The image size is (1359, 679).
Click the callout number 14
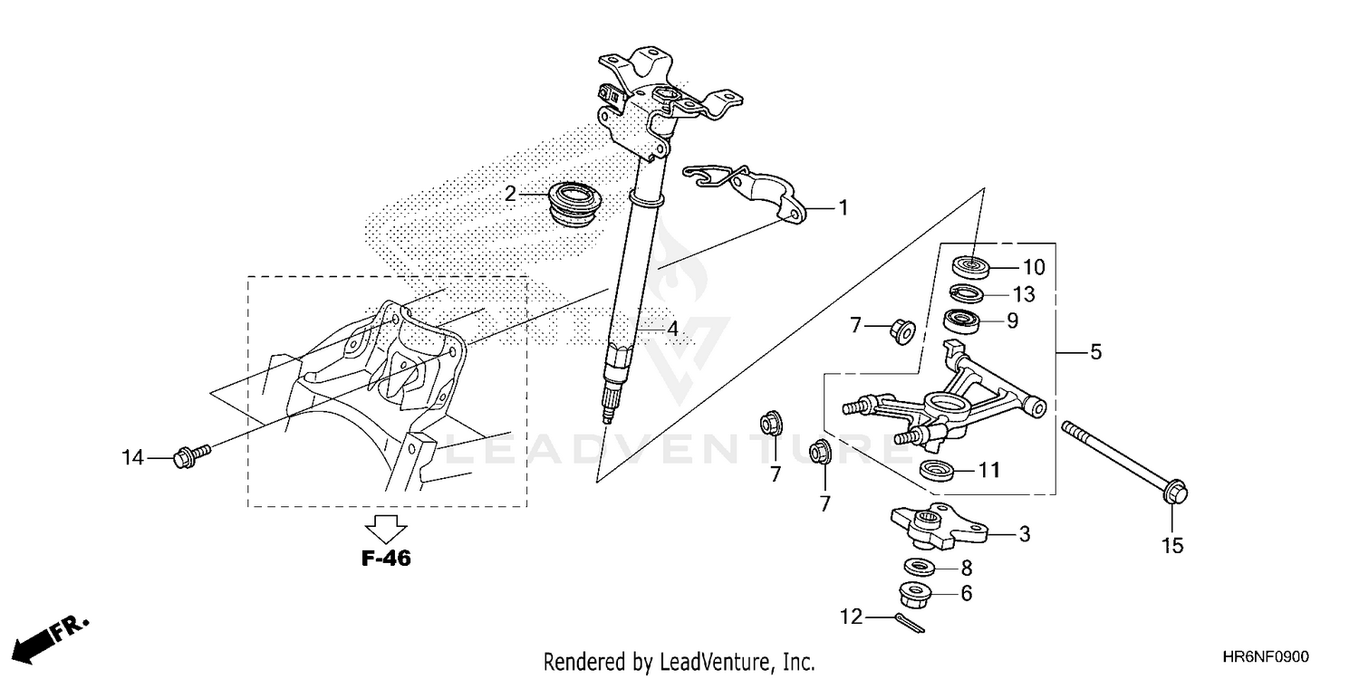click(133, 459)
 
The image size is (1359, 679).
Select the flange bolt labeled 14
click(191, 451)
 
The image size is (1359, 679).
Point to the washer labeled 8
click(921, 569)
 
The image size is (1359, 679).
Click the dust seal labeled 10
click(972, 267)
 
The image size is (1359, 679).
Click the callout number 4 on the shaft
click(671, 331)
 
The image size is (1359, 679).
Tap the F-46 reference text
click(387, 559)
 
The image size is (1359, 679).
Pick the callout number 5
click(1095, 352)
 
